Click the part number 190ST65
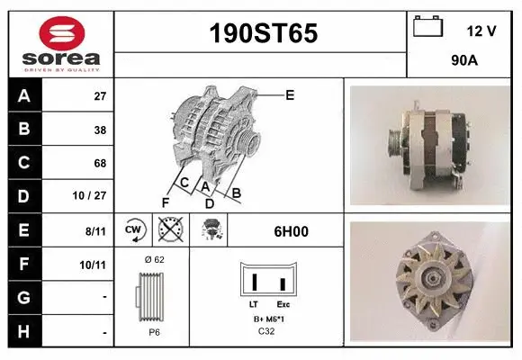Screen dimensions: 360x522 coord(263,33)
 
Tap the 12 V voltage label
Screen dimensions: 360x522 coord(481,31)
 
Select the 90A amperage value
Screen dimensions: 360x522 coord(463,60)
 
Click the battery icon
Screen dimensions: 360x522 coord(427,28)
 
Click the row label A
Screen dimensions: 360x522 coord(24,95)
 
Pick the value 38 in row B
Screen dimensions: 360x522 coord(100,130)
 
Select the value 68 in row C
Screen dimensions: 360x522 coord(100,163)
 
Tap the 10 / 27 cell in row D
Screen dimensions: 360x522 coord(93,196)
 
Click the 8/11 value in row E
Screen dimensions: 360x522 coord(96,230)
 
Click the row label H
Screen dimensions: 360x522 coord(24,331)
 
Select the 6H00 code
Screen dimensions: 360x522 coord(291,230)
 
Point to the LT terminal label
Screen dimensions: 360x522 coord(254,305)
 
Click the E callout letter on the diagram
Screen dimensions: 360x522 coord(290,94)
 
